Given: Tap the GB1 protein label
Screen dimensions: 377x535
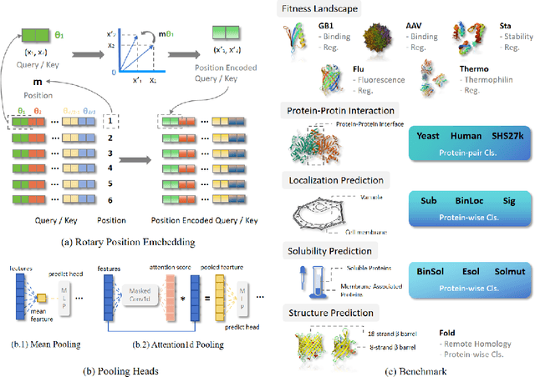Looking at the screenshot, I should pos(350,27).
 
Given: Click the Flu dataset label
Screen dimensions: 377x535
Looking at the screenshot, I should pos(359,70).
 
